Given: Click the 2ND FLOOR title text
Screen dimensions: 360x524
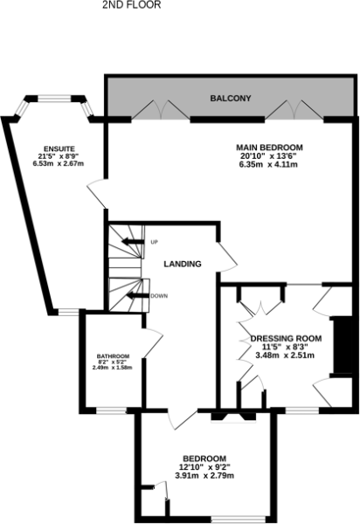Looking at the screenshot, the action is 131,4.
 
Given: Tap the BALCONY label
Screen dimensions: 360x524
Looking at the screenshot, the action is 231,98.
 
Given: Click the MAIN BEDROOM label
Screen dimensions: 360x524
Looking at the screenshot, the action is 269,148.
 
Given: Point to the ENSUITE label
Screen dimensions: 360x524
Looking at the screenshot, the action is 59,148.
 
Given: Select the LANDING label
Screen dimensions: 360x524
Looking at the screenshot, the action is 183,264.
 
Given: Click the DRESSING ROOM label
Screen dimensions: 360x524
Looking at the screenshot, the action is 286,339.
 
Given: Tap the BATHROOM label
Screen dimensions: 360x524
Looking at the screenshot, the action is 113,356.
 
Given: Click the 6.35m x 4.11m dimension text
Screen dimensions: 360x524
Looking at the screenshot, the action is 269,164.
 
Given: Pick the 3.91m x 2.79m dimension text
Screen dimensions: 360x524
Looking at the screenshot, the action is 204,475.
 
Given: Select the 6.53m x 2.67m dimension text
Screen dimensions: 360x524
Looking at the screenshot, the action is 59,163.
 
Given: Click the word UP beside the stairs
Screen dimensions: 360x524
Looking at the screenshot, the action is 154,242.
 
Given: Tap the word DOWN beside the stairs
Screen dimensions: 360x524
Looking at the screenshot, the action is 159,296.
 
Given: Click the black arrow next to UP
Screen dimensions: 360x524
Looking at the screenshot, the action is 133,241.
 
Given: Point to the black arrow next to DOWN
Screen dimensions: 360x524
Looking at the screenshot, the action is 137,295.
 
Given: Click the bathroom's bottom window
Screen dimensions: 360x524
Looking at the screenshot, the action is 111,410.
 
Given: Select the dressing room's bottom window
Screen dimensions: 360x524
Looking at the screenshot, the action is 302,410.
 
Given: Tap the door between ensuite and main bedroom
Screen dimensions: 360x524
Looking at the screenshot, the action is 97,194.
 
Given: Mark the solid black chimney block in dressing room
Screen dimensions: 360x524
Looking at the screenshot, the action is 342,345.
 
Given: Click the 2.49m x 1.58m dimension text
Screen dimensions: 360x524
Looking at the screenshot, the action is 113,368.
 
